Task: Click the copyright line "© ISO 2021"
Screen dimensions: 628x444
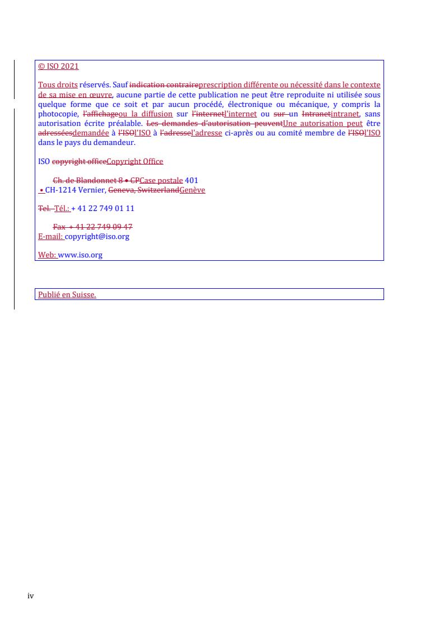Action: click(58, 67)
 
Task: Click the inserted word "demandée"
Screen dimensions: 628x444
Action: click(90, 133)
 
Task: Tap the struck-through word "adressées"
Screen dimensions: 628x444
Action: click(55, 133)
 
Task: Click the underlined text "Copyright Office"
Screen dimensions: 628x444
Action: click(134, 162)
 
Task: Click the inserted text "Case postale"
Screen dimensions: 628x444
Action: click(161, 180)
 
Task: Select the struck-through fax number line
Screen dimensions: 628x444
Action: click(92, 227)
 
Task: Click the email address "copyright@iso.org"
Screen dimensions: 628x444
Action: click(97, 236)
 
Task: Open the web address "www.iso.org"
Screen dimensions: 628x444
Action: click(80, 255)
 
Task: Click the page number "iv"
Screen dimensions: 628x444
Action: click(31, 596)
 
